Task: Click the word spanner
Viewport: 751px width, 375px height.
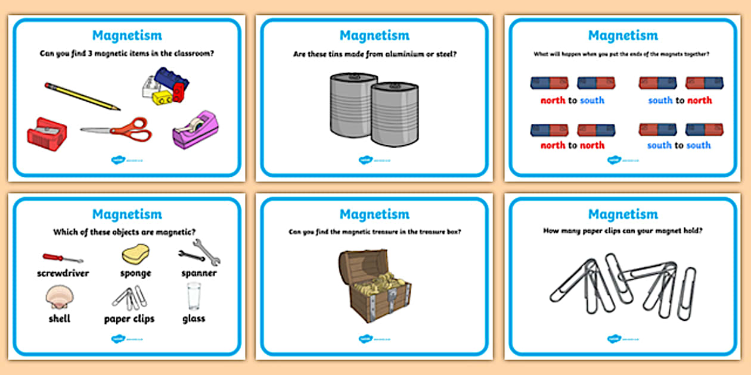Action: coord(199,273)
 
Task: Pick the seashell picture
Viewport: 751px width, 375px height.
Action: coord(59,296)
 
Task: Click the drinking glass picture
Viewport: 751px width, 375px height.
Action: coord(194,296)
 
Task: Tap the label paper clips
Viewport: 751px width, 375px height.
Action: coord(129,318)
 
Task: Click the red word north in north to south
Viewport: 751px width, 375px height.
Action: coord(553,100)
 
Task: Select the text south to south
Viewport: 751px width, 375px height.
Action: coord(679,145)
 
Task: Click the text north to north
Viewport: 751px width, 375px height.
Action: coord(572,145)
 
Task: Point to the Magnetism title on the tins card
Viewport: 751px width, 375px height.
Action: coord(374,36)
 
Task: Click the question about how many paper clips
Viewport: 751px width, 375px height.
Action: coord(623,231)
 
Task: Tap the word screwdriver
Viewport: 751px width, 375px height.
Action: coord(63,273)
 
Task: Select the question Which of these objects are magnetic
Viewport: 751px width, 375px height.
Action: coord(125,232)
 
